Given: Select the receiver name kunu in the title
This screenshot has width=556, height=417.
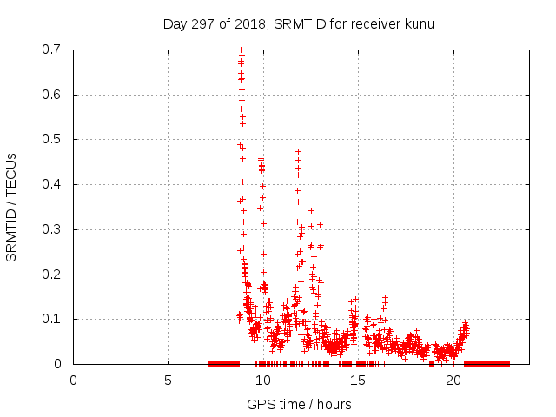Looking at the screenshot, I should [x=417, y=23].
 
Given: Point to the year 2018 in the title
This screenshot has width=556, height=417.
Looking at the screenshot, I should [x=250, y=23].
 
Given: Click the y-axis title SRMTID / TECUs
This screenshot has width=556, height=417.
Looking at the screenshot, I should [x=12, y=207].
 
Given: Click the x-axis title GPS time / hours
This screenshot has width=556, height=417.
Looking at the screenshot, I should [x=299, y=404].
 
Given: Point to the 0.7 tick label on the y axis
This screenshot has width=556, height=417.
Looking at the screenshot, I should [x=51, y=50].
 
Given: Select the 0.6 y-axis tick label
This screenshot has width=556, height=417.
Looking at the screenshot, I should [x=51, y=95].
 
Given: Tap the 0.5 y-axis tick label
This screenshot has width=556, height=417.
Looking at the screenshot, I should [x=51, y=139].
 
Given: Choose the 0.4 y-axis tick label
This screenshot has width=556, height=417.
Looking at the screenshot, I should [x=51, y=184].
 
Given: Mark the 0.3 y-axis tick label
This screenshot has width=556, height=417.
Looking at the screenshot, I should [x=51, y=229].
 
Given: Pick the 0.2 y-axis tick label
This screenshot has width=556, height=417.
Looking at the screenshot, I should [x=51, y=275].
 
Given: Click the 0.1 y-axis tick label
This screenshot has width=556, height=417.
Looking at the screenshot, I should [x=51, y=319].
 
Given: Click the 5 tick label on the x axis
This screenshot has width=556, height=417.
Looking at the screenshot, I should [x=168, y=381].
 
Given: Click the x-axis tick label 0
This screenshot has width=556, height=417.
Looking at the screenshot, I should [x=73, y=381].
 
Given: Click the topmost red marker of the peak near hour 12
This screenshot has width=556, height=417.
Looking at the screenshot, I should [x=298, y=151].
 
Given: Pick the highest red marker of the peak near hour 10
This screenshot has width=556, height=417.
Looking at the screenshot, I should [x=261, y=149].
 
